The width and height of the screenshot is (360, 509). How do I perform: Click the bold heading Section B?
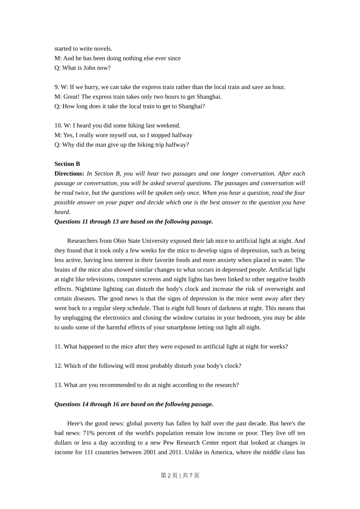coord(67,164)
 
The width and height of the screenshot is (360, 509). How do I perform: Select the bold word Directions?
coord(69,173)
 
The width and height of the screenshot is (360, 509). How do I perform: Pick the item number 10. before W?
coord(58,125)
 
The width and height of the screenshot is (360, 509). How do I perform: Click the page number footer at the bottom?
coord(180,475)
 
